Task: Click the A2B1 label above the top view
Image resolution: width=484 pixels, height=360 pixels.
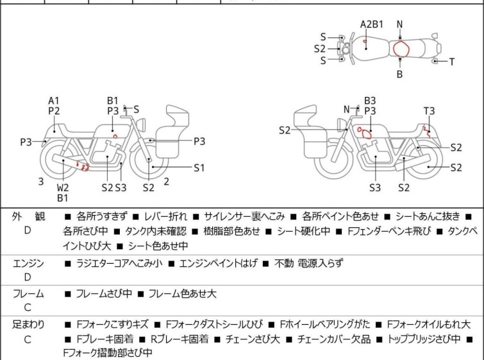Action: pyautogui.click(x=371, y=24)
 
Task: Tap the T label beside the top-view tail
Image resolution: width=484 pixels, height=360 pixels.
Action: pyautogui.click(x=451, y=62)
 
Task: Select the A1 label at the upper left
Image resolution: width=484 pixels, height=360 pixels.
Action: pyautogui.click(x=54, y=100)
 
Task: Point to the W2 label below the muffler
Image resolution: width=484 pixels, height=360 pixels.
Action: pyautogui.click(x=63, y=187)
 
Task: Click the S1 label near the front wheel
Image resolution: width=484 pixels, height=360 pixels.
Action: pyautogui.click(x=199, y=167)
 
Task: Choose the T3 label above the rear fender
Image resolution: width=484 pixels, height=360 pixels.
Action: pyautogui.click(x=428, y=110)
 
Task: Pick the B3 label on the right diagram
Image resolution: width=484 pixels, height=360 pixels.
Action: pyautogui.click(x=370, y=100)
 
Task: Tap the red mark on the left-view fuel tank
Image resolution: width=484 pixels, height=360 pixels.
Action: pyautogui.click(x=115, y=136)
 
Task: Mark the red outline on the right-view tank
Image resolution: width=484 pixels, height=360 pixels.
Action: pyautogui.click(x=363, y=133)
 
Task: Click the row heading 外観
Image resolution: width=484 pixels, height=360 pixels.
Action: pyautogui.click(x=28, y=217)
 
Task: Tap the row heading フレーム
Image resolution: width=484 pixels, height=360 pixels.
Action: pyautogui.click(x=28, y=294)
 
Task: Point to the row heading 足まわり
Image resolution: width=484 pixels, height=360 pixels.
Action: pyautogui.click(x=28, y=325)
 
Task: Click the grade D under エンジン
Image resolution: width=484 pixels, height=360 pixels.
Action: pyautogui.click(x=28, y=277)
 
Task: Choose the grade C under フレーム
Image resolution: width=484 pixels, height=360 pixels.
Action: pyautogui.click(x=28, y=308)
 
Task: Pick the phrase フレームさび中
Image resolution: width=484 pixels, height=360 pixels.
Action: pyautogui.click(x=104, y=294)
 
